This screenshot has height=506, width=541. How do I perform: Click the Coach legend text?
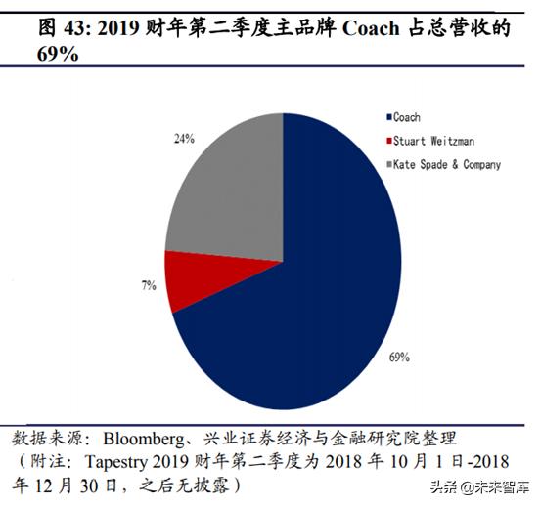point(407,117)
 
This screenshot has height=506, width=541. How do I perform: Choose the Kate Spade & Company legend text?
point(448,164)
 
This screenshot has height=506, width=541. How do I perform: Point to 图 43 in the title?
point(62,28)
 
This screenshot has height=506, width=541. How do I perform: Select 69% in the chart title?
point(59,56)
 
